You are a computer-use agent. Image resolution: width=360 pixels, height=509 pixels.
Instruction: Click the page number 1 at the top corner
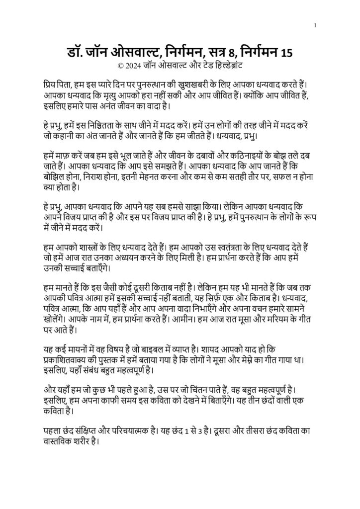pyautogui.click(x=315, y=26)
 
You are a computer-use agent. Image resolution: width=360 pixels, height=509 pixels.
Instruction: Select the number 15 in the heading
pyautogui.click(x=287, y=52)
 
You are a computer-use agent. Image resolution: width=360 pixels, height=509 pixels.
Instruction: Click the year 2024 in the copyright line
pyautogui.click(x=134, y=65)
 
